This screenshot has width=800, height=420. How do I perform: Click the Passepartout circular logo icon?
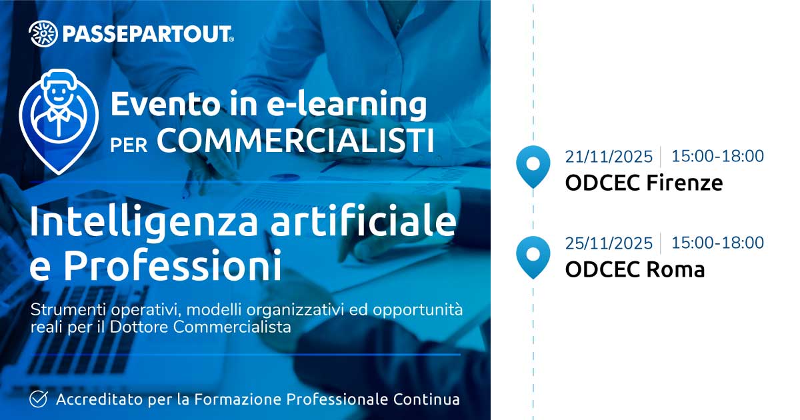(43, 33)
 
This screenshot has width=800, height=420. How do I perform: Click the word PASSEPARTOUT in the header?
(148, 34)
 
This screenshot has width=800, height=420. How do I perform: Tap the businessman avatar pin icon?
(59, 121)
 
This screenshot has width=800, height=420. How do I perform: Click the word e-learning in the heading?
(347, 104)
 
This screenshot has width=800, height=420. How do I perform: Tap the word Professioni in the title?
(173, 265)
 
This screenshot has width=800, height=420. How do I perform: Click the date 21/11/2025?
(609, 157)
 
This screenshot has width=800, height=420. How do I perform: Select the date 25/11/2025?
(609, 243)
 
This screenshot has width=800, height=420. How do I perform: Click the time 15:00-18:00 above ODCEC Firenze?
(718, 156)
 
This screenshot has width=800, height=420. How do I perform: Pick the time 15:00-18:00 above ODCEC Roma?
(718, 243)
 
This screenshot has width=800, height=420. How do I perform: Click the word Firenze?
(685, 183)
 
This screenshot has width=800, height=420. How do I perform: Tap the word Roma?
(676, 269)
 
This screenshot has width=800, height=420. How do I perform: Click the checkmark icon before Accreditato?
(39, 399)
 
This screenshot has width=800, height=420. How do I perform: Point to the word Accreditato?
(99, 399)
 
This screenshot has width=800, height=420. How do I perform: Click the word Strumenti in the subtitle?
(68, 309)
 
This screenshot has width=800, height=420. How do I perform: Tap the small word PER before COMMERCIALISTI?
(129, 145)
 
